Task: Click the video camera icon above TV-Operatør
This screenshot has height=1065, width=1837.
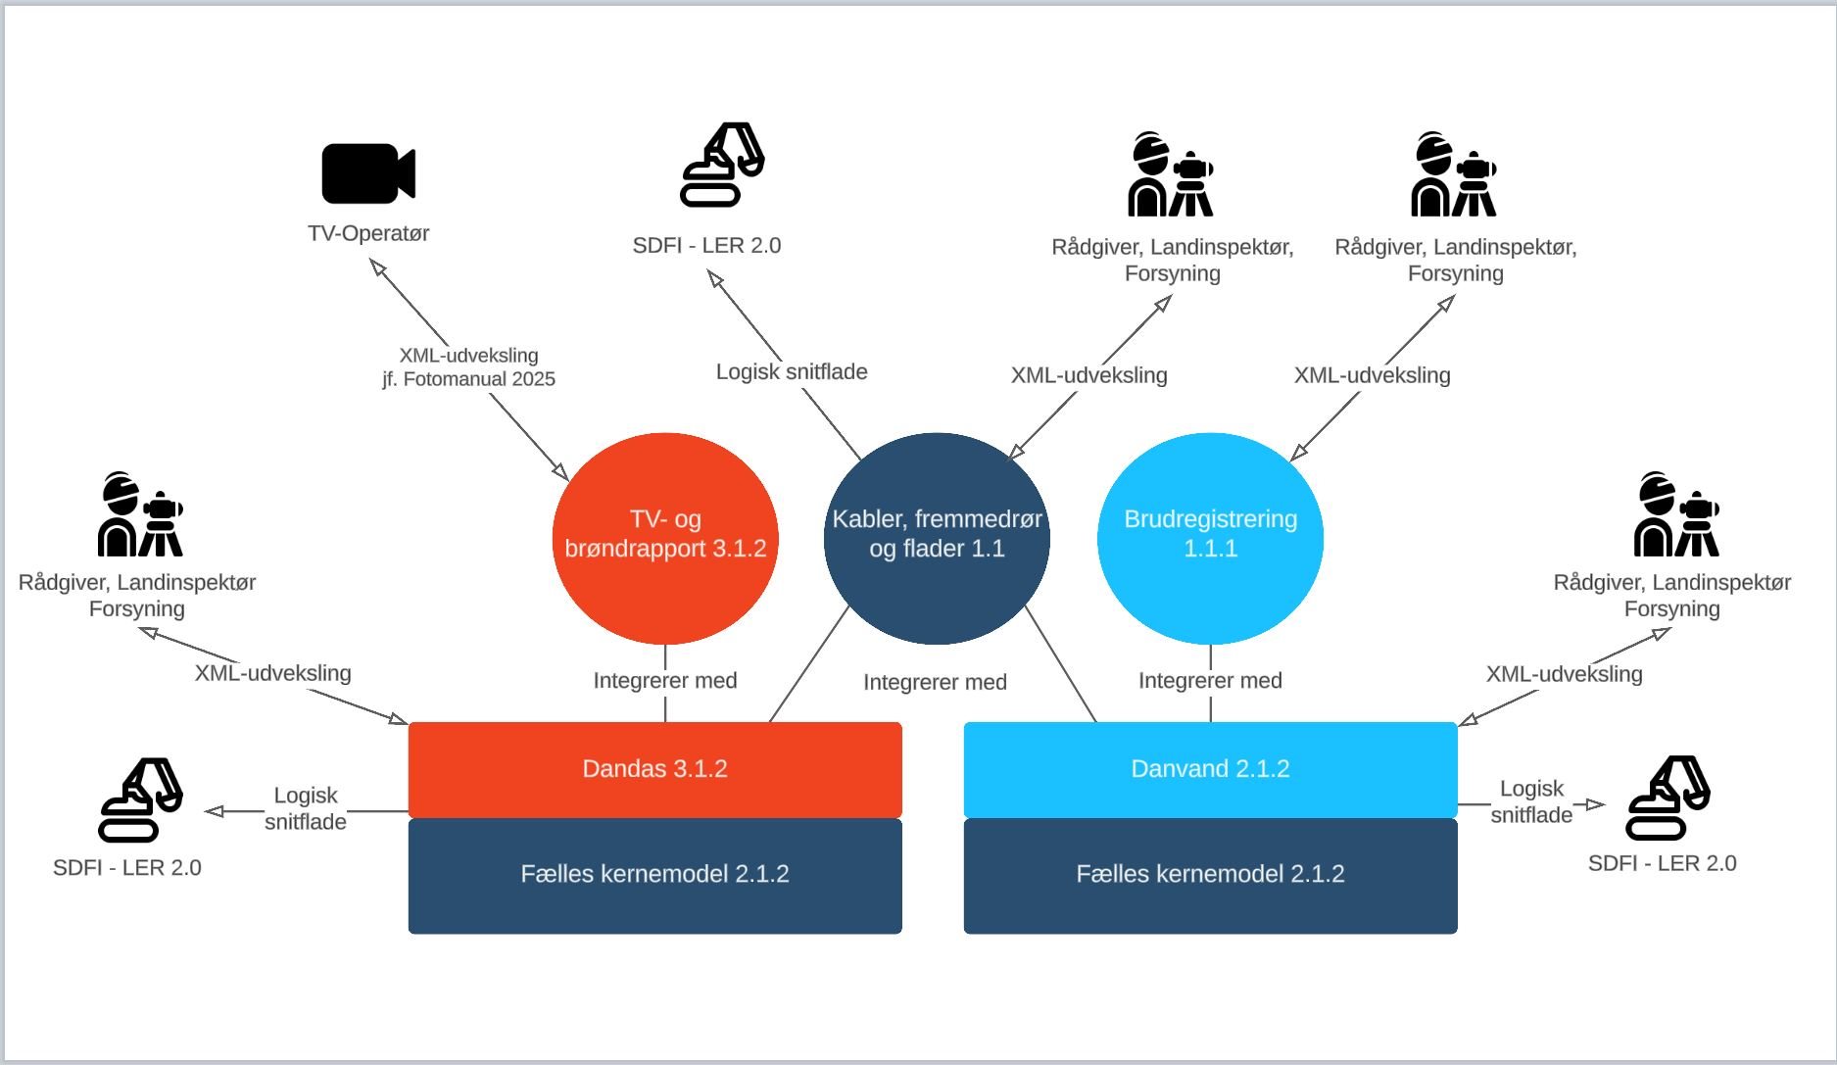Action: (x=367, y=173)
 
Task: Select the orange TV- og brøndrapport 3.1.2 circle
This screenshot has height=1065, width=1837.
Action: (x=665, y=538)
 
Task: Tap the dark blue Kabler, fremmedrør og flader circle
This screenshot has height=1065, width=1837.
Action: (x=937, y=538)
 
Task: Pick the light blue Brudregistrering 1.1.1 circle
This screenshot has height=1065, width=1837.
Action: (x=1210, y=538)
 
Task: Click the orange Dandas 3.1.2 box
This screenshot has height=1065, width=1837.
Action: (x=654, y=769)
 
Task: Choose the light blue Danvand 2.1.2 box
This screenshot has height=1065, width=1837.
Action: (x=1210, y=769)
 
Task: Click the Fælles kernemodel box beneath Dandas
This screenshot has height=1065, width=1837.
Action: (x=654, y=875)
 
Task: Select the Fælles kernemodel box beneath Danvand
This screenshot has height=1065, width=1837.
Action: (x=1210, y=875)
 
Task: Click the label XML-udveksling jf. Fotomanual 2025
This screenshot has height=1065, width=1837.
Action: (x=468, y=367)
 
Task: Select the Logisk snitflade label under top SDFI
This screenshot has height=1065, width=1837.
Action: (x=792, y=372)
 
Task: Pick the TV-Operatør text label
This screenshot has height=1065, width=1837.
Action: (x=368, y=233)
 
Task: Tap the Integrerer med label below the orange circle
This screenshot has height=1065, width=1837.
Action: (x=665, y=681)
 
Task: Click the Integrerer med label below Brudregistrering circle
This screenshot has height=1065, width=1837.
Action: (x=1210, y=681)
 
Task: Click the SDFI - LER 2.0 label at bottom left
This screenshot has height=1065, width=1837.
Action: (x=127, y=868)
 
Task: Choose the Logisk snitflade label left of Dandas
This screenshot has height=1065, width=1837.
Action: (x=306, y=808)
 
